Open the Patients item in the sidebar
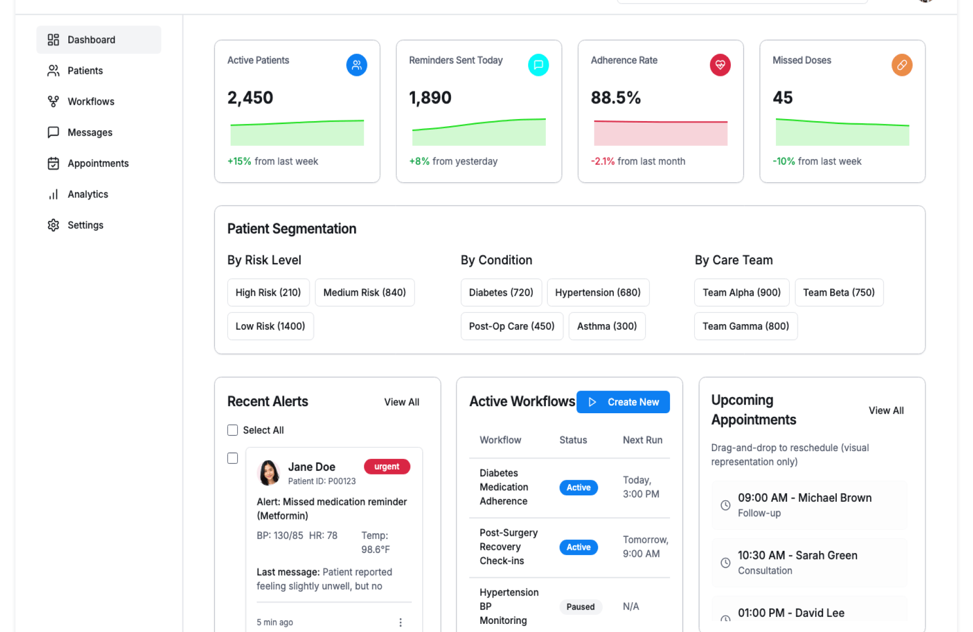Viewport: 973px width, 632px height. click(x=85, y=70)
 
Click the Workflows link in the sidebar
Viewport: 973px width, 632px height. click(x=91, y=101)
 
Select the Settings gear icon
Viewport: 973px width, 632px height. click(x=53, y=225)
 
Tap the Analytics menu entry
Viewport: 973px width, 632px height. click(x=88, y=194)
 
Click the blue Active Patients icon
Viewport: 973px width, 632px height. click(x=356, y=65)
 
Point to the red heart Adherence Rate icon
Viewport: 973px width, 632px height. click(x=720, y=65)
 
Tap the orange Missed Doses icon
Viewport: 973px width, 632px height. click(x=902, y=65)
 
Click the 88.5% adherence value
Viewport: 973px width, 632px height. click(x=615, y=97)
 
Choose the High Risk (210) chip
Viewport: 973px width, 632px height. click(x=268, y=292)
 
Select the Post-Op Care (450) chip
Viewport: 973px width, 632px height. click(x=511, y=326)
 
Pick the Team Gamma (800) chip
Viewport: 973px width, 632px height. click(x=745, y=326)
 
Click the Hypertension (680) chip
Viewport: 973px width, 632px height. click(x=597, y=292)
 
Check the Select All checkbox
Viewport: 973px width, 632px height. click(x=233, y=430)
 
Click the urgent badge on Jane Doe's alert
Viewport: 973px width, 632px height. click(x=387, y=466)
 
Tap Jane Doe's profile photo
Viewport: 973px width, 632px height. click(x=269, y=472)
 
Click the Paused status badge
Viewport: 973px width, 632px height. click(x=580, y=607)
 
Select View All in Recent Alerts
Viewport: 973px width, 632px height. click(x=401, y=402)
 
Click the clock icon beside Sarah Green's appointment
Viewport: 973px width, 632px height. click(x=725, y=563)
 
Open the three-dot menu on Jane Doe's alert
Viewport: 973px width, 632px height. click(x=400, y=622)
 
